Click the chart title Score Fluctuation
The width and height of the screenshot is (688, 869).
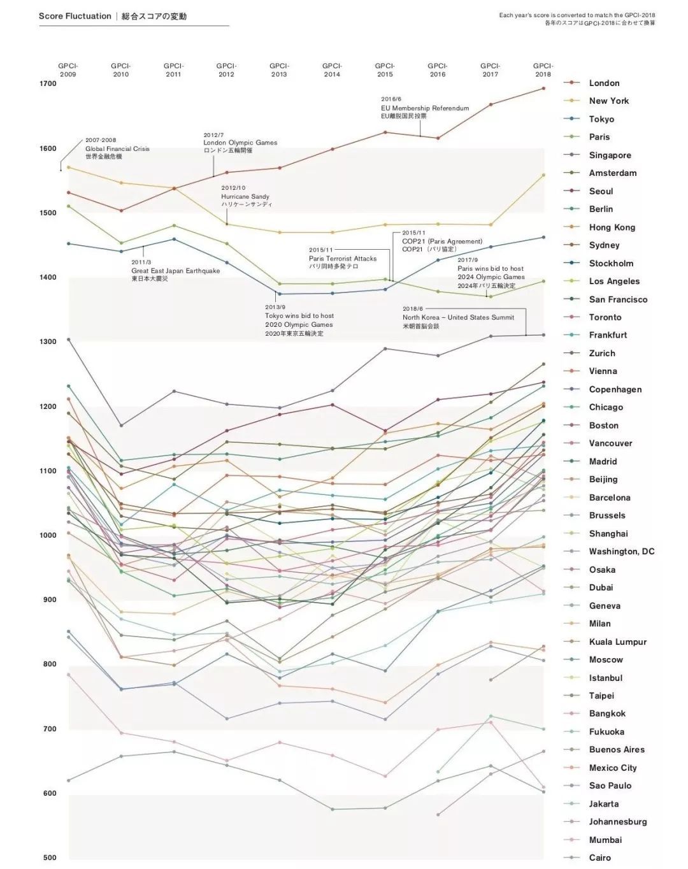click(x=75, y=16)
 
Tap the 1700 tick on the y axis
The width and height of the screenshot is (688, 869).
click(x=48, y=83)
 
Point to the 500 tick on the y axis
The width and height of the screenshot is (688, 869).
click(x=49, y=858)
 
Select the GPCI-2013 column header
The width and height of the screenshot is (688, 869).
click(x=279, y=70)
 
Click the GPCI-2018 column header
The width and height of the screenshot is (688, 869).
click(x=543, y=70)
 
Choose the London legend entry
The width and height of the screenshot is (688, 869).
click(x=604, y=83)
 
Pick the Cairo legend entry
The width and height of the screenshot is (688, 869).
click(x=599, y=858)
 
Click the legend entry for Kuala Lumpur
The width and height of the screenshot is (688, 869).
click(x=617, y=642)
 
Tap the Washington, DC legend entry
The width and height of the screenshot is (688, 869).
click(x=621, y=551)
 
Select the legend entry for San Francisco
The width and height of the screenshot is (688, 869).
click(x=618, y=299)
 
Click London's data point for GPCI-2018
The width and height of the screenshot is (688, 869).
click(x=543, y=89)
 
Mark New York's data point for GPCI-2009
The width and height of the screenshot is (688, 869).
click(x=68, y=168)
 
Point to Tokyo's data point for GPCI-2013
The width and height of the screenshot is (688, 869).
click(x=279, y=294)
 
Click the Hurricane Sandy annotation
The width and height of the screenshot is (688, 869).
click(x=245, y=196)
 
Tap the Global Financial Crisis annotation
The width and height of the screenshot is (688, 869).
click(x=117, y=148)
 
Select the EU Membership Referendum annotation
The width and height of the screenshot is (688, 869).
click(x=425, y=108)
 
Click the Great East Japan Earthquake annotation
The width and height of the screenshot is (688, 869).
click(x=175, y=271)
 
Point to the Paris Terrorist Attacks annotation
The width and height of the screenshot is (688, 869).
click(x=343, y=259)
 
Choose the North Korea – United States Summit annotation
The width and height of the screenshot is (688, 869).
click(x=458, y=317)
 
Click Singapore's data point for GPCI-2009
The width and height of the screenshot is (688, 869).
click(x=68, y=340)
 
